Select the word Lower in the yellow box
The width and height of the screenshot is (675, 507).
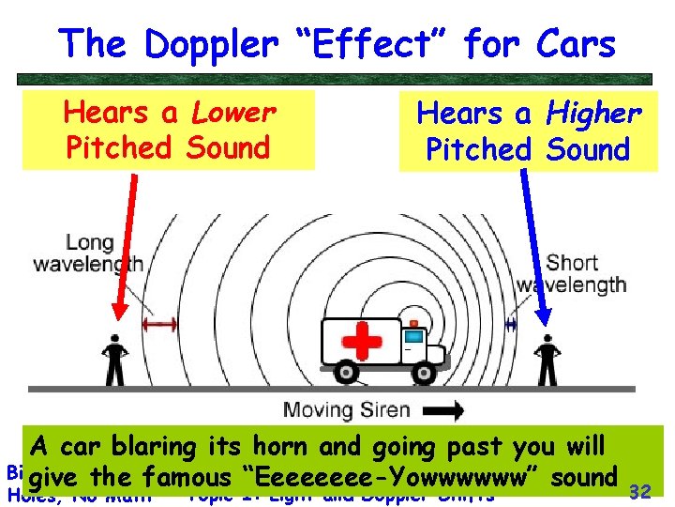tap(233, 113)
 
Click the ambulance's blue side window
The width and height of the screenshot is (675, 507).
tap(413, 333)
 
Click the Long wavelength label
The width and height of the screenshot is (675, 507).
tap(88, 251)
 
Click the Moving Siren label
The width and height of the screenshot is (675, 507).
tap(346, 410)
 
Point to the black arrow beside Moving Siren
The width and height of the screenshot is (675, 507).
tap(443, 410)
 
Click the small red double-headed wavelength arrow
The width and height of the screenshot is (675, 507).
tap(159, 324)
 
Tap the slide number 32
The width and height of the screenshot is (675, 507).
tap(640, 491)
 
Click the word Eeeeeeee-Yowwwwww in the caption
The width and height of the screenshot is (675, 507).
tap(395, 477)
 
